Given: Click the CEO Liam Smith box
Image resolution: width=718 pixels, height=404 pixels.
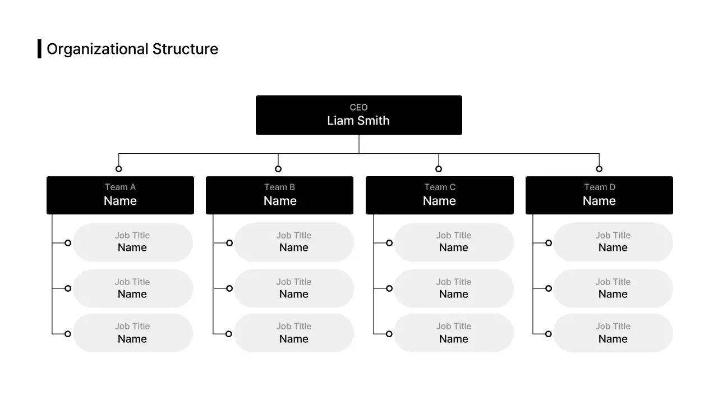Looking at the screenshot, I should pos(358,115).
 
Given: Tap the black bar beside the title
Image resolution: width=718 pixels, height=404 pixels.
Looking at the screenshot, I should pos(39,49).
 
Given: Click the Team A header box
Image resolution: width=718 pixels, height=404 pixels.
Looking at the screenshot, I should pos(120,195).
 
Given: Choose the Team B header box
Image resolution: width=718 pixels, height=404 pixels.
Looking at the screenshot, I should pos(279,195).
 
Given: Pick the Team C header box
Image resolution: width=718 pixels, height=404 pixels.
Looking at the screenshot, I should pos(439,195).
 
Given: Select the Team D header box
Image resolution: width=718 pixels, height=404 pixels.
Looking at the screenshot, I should pos(599,195).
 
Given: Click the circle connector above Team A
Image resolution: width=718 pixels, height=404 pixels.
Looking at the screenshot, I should pos(118,169).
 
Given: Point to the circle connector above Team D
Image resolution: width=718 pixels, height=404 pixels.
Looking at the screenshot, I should pos(599,169).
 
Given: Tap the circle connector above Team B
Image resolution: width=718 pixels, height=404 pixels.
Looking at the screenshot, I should pos(278,169).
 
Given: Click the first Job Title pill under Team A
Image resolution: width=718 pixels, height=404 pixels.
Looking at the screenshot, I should pos(133,242).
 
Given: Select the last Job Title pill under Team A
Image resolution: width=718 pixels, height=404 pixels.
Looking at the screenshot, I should pos(133,333).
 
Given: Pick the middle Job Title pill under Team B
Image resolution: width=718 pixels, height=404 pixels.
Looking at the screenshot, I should pos(294,288).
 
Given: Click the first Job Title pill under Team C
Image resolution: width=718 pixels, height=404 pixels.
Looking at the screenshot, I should pos(454,242).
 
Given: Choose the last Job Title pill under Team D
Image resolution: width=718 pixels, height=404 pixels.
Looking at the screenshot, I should pos(613,333).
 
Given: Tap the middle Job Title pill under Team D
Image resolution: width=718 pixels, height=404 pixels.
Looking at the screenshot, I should pos(613,288).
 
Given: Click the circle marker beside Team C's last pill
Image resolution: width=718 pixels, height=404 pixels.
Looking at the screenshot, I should pos(389,334).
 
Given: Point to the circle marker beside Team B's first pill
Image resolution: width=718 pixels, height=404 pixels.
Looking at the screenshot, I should pos(229,243).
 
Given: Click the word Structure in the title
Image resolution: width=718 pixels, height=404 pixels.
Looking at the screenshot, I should pos(185,49).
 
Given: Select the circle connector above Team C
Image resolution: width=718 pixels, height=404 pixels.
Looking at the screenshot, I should pos(439,169).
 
